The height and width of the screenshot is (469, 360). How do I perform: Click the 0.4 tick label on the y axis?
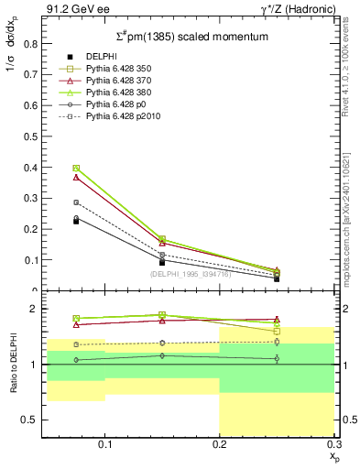[32, 167]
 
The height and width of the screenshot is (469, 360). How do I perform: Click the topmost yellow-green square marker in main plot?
[77, 168]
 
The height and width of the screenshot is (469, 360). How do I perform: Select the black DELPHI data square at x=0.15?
[162, 262]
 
